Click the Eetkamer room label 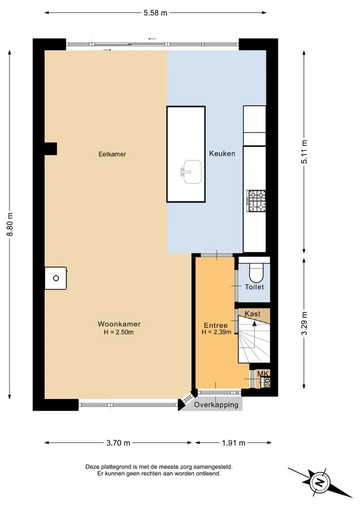click(112, 154)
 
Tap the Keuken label click(222, 153)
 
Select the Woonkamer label click(119, 324)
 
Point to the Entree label click(215, 325)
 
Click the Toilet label click(254, 287)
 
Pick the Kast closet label click(252, 314)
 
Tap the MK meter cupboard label click(263, 374)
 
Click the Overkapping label click(216, 405)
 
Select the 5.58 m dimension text click(155, 13)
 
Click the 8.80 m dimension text click(10, 224)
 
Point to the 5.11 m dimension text click(304, 152)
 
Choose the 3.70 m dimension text click(118, 443)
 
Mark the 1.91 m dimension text click(233, 443)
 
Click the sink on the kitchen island click(191, 172)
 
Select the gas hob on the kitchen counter click(256, 201)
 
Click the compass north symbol click(320, 482)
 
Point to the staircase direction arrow click(254, 334)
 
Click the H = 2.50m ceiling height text click(118, 332)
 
